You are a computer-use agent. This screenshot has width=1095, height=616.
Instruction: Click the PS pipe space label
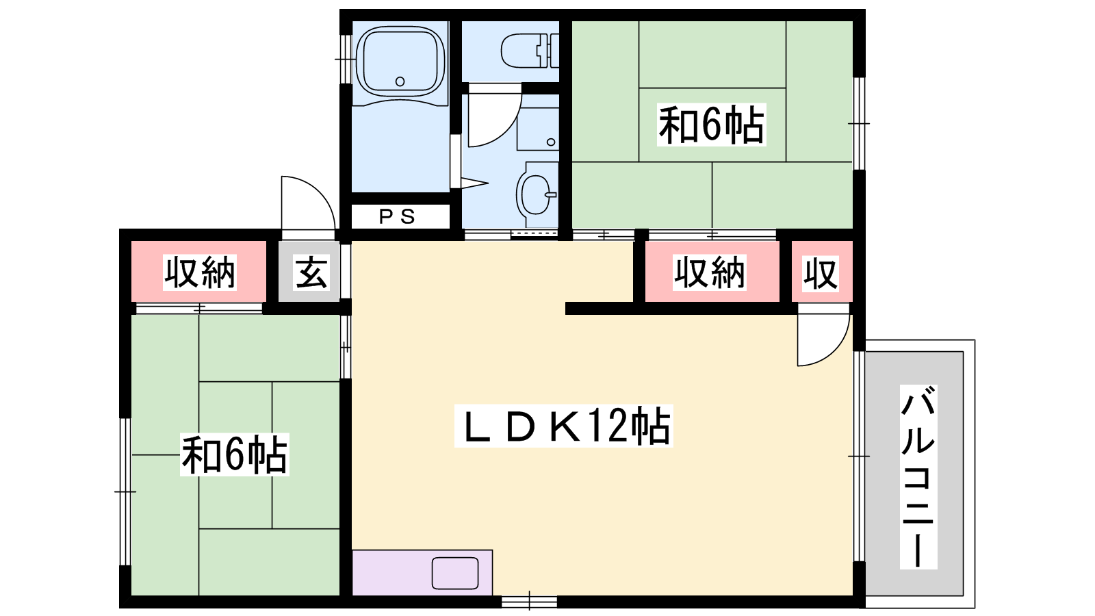click(x=398, y=216)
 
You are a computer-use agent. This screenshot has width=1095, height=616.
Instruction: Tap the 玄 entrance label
click(x=311, y=272)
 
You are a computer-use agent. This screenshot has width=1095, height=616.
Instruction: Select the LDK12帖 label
click(x=564, y=426)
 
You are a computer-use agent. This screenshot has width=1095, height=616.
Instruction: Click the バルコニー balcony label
click(x=918, y=476)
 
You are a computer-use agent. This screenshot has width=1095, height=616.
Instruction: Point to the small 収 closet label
click(x=821, y=273)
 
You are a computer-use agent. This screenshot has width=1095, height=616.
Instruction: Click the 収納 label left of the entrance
click(x=199, y=272)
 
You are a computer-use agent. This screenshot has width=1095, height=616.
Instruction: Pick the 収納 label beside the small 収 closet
click(x=709, y=272)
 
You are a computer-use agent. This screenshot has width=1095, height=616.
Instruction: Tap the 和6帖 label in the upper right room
click(x=711, y=125)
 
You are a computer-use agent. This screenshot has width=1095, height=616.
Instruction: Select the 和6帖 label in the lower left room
click(x=234, y=454)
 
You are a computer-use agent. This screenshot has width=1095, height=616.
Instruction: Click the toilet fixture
click(x=530, y=51)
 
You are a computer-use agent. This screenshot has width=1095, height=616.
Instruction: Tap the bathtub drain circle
click(x=400, y=81)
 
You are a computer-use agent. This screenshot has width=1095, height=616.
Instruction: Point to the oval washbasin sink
click(x=535, y=194)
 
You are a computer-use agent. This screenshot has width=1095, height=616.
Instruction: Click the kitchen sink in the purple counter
click(x=455, y=573)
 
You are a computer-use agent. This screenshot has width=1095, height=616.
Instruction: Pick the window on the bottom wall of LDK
click(x=530, y=602)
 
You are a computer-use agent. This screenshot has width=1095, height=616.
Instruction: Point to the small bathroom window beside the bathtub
click(x=346, y=59)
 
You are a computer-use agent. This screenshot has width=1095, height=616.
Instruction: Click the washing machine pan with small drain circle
click(x=538, y=129)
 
